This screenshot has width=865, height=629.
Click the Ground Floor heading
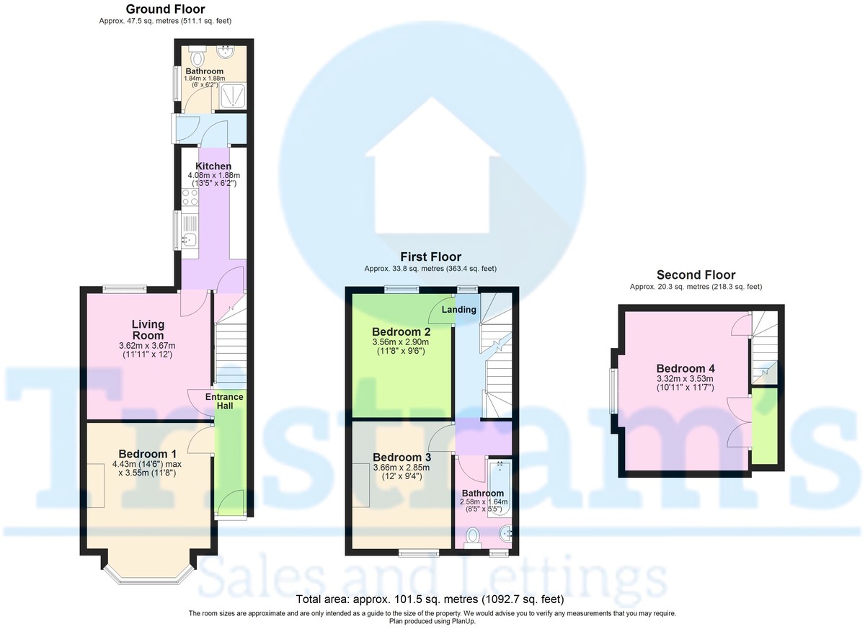[165, 9]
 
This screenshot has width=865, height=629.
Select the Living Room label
[148, 330]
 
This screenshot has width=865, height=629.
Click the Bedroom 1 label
[147, 454]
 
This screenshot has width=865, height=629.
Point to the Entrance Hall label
[225, 402]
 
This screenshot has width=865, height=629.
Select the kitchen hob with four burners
[190, 199]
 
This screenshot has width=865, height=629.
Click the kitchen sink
[189, 239]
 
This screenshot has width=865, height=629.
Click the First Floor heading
[430, 257]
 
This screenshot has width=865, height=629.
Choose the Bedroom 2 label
[402, 331]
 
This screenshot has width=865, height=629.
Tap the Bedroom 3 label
[402, 458]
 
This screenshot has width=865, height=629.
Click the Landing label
[459, 310]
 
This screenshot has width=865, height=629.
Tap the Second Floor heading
[696, 275]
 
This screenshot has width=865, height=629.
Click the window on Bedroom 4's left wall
[614, 391]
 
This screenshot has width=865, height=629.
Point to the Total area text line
[430, 599]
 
